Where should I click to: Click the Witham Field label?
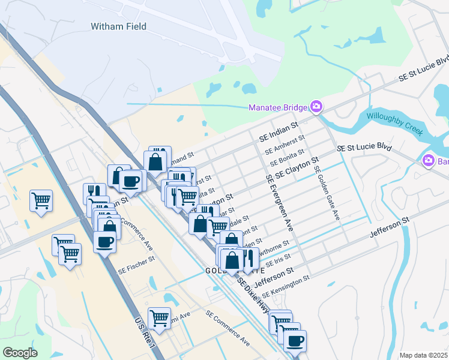(x=118, y=26)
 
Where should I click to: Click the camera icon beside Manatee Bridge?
(x=316, y=107)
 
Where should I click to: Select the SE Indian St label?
(x=279, y=132)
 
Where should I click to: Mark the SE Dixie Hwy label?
(x=253, y=295)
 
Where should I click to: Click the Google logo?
(x=20, y=353)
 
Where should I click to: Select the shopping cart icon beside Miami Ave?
(x=159, y=318)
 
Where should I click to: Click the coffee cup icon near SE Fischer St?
(x=105, y=242)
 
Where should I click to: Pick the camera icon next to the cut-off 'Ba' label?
(x=428, y=160)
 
